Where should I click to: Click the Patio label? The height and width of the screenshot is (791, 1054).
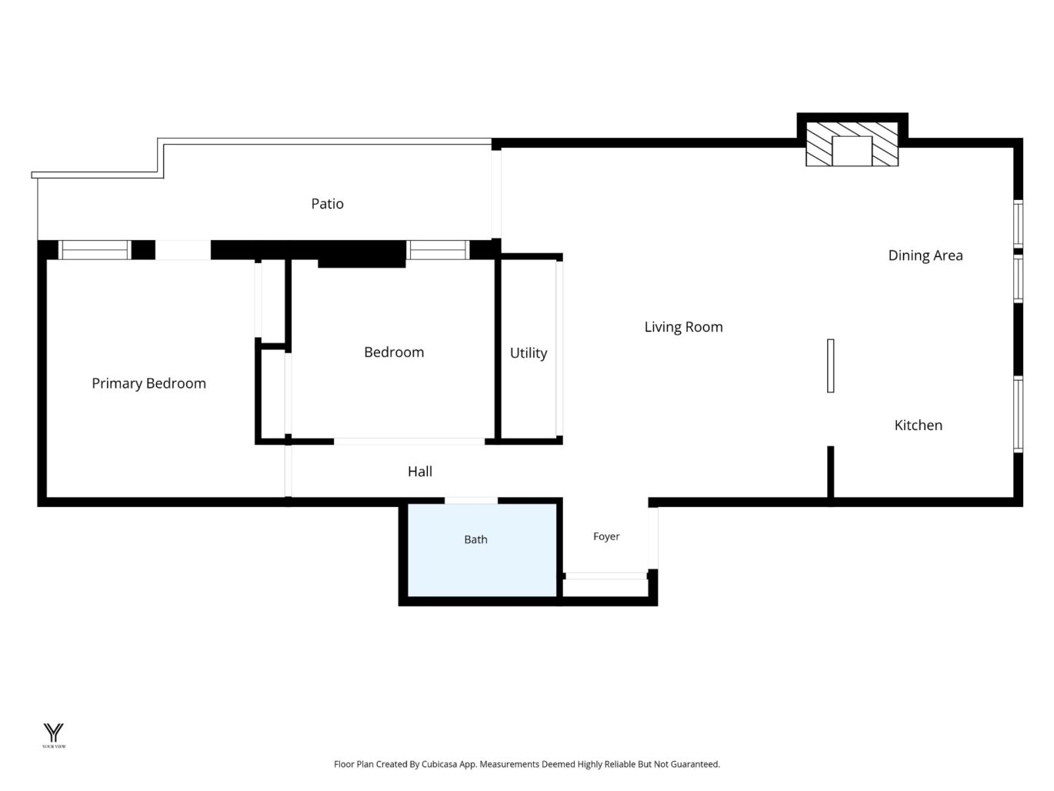(327, 204)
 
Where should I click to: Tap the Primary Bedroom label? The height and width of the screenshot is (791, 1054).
(148, 383)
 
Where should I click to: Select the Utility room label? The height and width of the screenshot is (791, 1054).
(529, 353)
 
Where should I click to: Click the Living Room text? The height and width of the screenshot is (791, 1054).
(683, 327)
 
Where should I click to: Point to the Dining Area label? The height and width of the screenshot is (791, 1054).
(926, 255)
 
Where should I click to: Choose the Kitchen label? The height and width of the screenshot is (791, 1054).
(918, 425)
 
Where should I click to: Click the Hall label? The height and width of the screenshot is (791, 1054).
(420, 472)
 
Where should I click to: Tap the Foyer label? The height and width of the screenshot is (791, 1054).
(606, 536)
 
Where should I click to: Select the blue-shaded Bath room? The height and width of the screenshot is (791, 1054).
(482, 550)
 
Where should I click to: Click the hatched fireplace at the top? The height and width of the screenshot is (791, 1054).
(852, 144)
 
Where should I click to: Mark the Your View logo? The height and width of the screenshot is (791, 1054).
(53, 736)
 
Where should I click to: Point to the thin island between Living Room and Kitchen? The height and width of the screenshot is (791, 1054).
(830, 365)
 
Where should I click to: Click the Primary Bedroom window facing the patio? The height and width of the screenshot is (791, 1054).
(95, 250)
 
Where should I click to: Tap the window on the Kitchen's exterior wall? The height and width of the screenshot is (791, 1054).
(1018, 415)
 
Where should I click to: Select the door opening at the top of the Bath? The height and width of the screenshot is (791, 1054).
(471, 500)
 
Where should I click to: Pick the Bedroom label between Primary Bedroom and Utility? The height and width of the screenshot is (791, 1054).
(394, 352)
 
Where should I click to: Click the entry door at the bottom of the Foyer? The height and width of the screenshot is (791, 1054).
(606, 576)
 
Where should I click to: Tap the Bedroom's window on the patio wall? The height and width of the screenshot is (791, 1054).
(438, 250)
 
